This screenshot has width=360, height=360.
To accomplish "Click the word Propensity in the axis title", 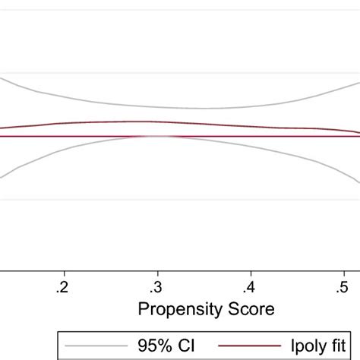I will click(x=175, y=311).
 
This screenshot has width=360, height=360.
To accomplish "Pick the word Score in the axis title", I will click(x=248, y=310).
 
